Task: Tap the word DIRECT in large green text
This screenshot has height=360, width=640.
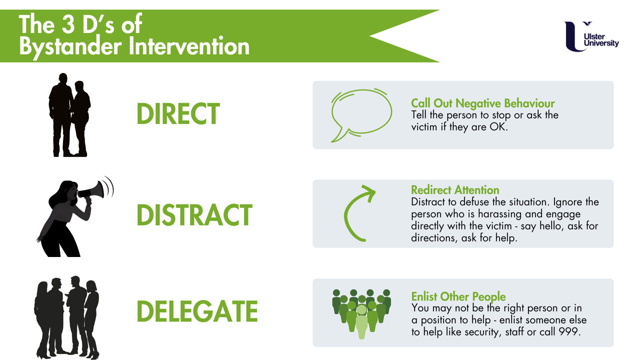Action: click(x=177, y=114)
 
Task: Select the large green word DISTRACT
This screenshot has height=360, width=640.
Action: click(x=194, y=215)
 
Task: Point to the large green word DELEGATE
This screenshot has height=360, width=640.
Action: click(x=197, y=310)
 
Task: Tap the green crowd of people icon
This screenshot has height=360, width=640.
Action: click(x=361, y=313)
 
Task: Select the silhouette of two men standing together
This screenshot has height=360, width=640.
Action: click(x=69, y=115)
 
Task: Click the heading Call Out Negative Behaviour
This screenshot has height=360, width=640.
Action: click(x=482, y=103)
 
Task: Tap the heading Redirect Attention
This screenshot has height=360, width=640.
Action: click(x=455, y=190)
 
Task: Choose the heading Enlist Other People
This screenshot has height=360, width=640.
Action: click(x=458, y=296)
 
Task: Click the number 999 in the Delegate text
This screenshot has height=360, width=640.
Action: click(x=569, y=331)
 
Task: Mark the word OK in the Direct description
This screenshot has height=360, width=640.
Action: click(x=499, y=127)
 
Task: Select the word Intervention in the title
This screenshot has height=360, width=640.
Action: click(x=189, y=46)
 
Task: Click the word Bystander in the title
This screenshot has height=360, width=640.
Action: click(x=70, y=46)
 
